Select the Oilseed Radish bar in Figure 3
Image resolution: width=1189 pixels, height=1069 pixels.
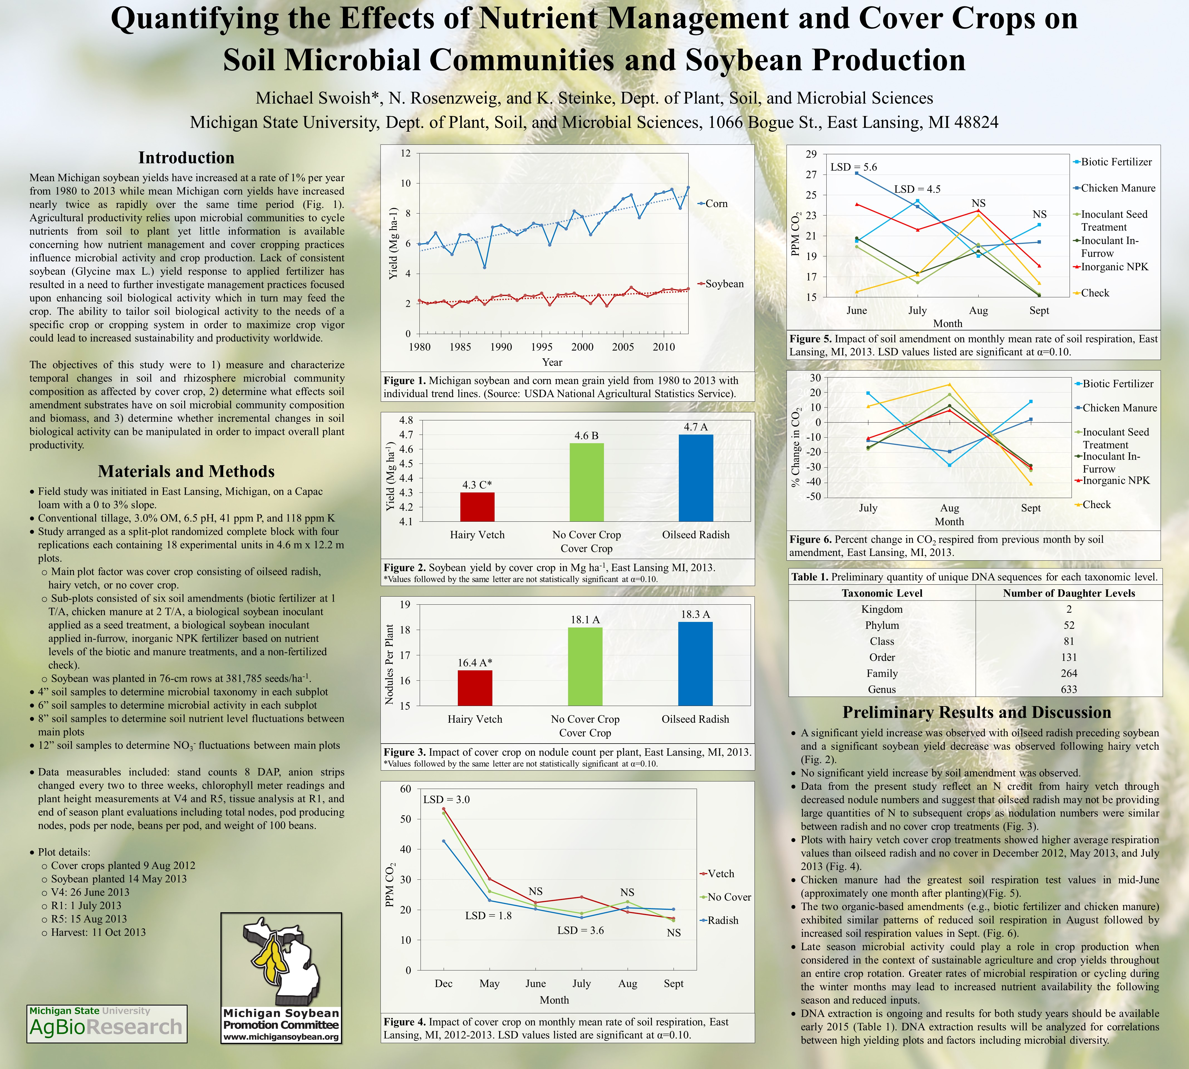pos(695,664)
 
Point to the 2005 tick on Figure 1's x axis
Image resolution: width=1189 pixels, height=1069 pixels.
pos(623,347)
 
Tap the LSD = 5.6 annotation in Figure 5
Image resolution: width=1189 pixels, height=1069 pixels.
pos(853,167)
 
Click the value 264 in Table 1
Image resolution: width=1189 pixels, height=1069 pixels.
pos(1069,674)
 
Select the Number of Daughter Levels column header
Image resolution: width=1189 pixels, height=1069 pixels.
pos(1069,593)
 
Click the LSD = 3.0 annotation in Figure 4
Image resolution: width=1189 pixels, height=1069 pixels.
pos(446,800)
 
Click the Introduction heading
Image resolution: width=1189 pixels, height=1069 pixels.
pos(186,158)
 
